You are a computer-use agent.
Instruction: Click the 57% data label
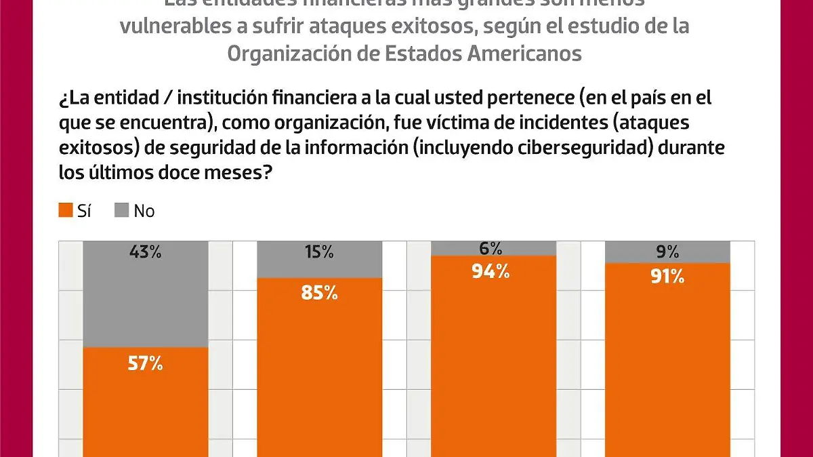coord(146,364)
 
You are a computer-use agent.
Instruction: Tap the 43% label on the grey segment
coord(146,253)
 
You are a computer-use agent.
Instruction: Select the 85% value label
coord(320,293)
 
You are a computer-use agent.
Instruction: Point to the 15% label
coord(320,253)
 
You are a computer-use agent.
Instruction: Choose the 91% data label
coord(667,277)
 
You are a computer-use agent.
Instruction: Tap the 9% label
coord(667,253)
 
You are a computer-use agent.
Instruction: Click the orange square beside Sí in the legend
coord(66,211)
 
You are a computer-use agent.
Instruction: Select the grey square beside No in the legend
coord(122,211)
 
